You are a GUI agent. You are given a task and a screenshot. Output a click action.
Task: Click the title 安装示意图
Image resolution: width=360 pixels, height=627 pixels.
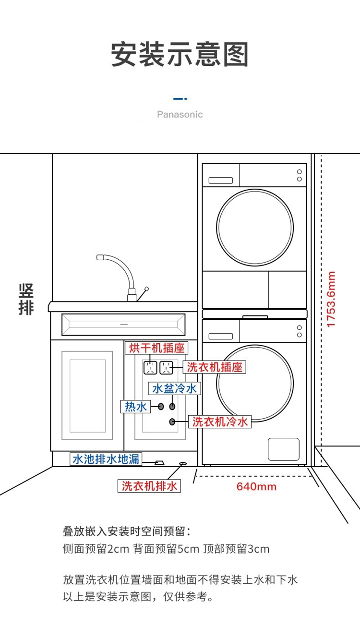180,54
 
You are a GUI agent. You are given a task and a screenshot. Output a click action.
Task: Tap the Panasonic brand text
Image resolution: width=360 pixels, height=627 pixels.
180,114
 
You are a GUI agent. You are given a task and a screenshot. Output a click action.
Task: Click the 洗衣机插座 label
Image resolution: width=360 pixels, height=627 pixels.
215,367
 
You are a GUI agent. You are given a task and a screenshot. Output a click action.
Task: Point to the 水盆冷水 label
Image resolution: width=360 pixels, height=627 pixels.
174,388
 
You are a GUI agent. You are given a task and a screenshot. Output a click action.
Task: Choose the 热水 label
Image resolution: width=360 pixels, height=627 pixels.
135,407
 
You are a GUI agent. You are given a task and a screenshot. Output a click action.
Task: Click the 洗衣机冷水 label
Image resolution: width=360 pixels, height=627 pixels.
219,422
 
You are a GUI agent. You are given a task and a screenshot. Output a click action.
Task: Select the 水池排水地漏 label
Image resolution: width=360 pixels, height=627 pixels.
106,459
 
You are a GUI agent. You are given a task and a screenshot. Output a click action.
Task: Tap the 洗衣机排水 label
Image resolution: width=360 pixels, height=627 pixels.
149,486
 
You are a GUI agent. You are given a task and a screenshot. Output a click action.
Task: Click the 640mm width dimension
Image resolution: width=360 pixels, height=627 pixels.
256,486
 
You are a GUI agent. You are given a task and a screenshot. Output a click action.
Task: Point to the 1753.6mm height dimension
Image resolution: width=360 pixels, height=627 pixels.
331,300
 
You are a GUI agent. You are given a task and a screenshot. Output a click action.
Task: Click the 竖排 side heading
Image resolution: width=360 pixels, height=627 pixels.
26,299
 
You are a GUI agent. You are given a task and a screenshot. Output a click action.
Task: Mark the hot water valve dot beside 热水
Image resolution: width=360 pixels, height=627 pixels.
161,407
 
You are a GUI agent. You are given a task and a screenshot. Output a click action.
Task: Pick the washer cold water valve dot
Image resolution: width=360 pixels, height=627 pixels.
172,422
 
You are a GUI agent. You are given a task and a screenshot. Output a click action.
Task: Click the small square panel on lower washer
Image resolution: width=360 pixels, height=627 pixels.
283,449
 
